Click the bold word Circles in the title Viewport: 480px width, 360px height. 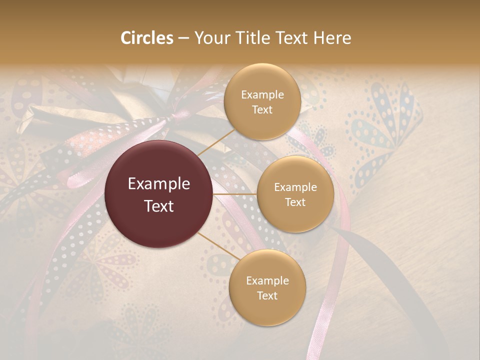coord(146,38)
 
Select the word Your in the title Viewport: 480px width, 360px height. coord(210,38)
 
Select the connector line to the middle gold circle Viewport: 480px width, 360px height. coord(235,194)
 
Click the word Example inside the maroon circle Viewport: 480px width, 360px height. coord(159,184)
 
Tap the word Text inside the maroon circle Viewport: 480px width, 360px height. coord(159,206)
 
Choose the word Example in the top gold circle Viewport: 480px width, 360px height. coord(262,95)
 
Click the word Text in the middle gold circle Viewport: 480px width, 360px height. coord(295,202)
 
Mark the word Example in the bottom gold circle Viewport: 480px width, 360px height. coord(267,281)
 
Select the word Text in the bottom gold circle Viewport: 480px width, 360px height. coord(267,296)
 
